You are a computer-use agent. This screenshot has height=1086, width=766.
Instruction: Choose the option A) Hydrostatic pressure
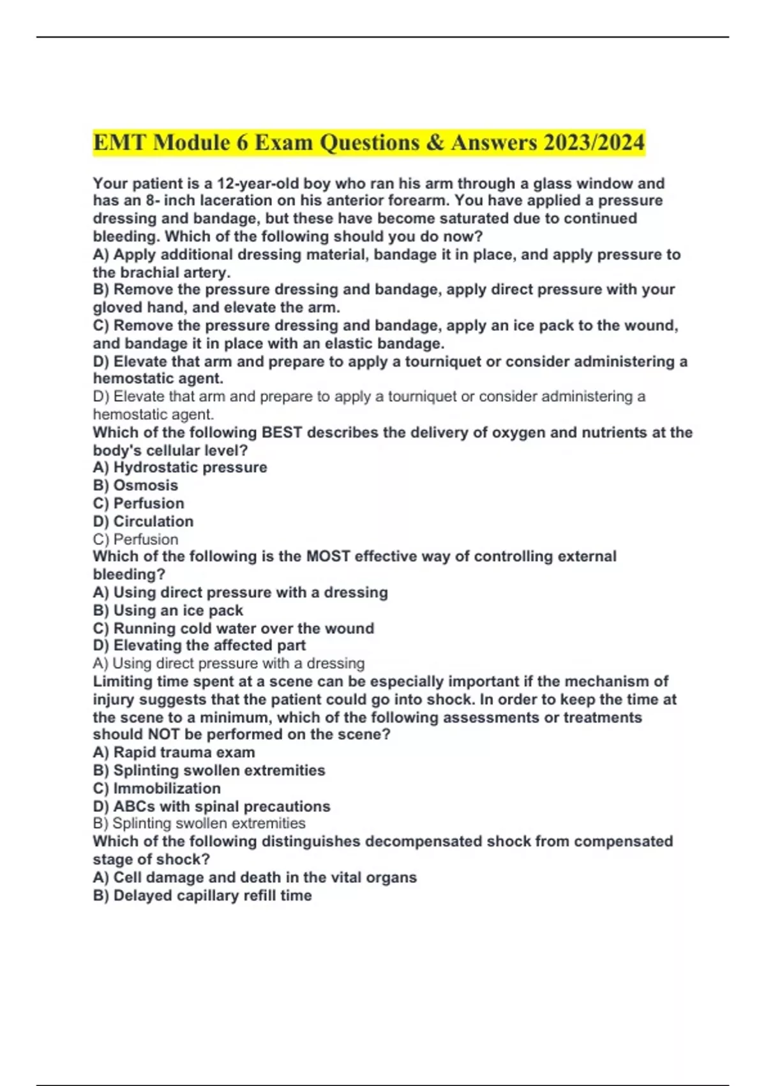tap(180, 468)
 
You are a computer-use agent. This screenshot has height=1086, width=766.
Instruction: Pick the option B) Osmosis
tap(135, 486)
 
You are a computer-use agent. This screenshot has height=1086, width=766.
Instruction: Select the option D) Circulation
tap(143, 521)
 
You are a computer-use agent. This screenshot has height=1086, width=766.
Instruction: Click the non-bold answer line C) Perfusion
tap(135, 539)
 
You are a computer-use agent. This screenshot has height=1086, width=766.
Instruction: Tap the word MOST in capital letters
tap(328, 556)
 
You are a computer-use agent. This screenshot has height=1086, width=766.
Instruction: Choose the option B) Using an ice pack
tap(168, 610)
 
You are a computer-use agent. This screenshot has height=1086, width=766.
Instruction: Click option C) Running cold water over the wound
tap(233, 628)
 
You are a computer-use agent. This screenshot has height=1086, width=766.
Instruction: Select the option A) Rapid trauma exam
tap(174, 753)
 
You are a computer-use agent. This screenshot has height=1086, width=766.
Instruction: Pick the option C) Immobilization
tap(157, 788)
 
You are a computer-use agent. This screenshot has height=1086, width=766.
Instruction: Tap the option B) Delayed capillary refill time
tap(202, 896)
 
